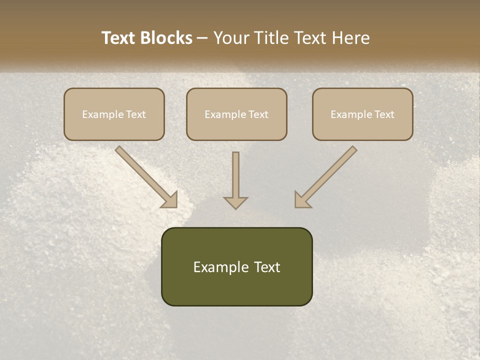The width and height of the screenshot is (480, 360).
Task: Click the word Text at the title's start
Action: pos(120,38)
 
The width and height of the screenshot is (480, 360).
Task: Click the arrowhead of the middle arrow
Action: pos(235,202)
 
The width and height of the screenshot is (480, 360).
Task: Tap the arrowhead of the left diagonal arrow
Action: pos(170,199)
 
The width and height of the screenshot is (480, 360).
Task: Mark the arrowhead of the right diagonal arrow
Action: pos(302,199)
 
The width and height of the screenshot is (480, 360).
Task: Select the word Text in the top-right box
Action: pos(384,114)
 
